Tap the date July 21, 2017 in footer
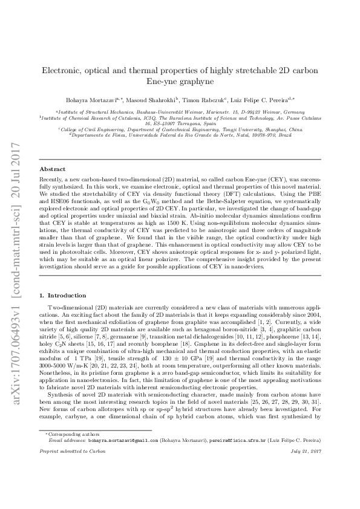(306, 486)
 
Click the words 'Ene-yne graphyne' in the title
(180, 82)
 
